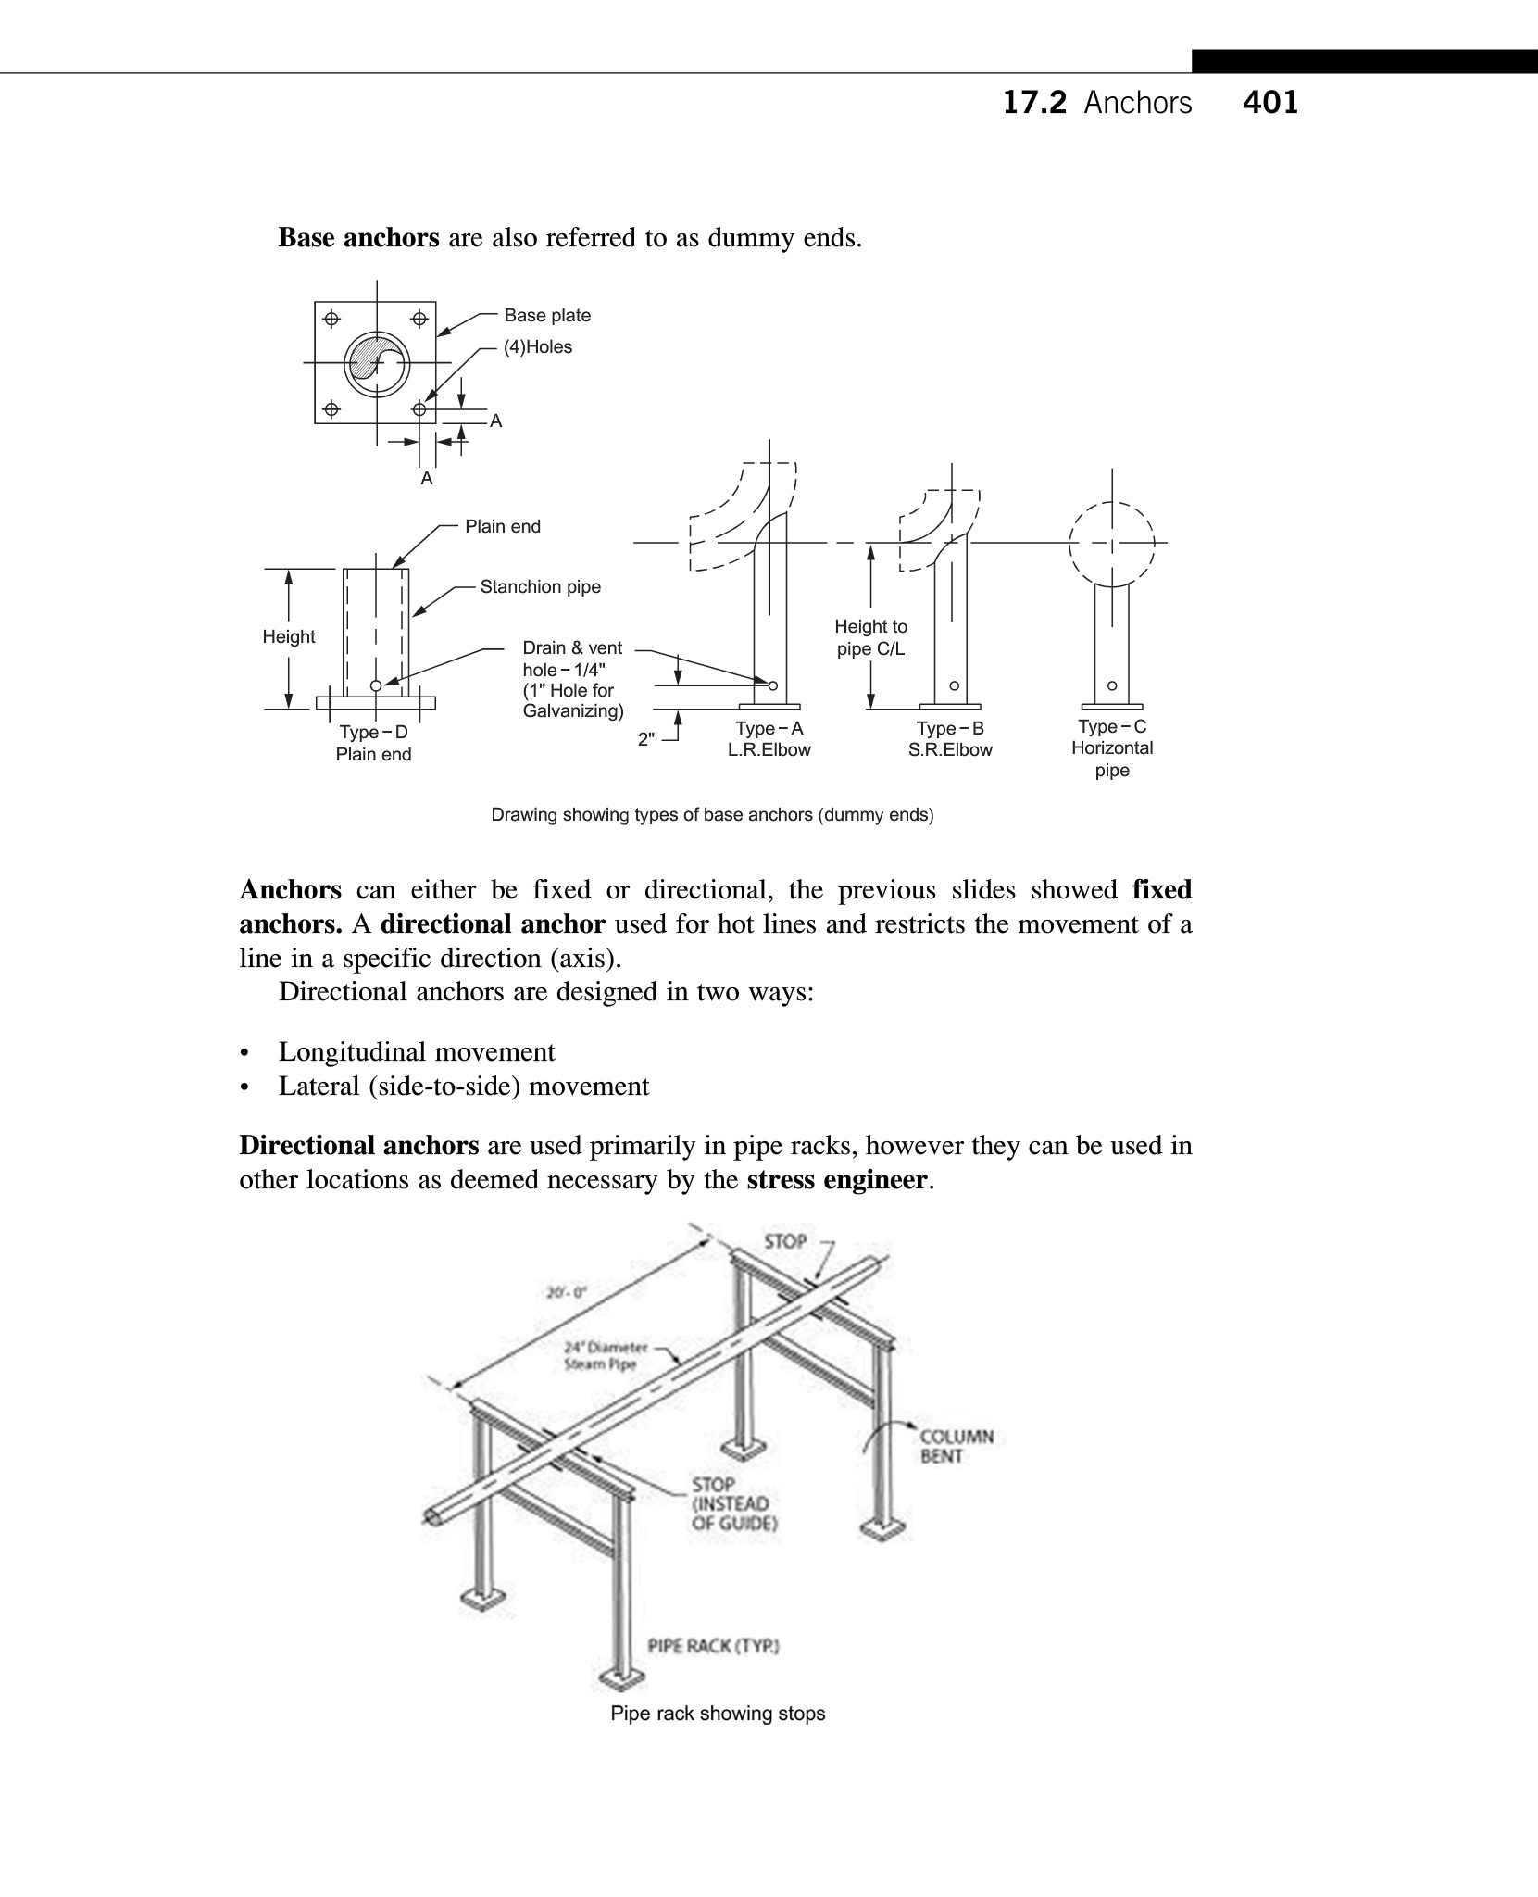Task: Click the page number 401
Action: pyautogui.click(x=1270, y=102)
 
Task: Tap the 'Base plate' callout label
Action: pyautogui.click(x=547, y=316)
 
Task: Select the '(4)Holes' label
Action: pyautogui.click(x=538, y=347)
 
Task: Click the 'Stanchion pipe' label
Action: pyautogui.click(x=540, y=587)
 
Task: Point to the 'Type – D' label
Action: pyautogui.click(x=373, y=733)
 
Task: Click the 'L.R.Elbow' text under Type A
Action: pyautogui.click(x=769, y=750)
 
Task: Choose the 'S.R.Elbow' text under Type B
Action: pyautogui.click(x=950, y=750)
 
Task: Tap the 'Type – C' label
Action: pyautogui.click(x=1112, y=727)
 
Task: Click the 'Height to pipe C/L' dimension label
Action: pyautogui.click(x=870, y=638)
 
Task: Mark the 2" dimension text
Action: pyautogui.click(x=646, y=740)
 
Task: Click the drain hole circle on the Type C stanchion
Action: pyautogui.click(x=1112, y=686)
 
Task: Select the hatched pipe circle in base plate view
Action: pyautogui.click(x=376, y=363)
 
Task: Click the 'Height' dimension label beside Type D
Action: pyautogui.click(x=289, y=637)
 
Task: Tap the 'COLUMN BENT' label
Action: pyautogui.click(x=957, y=1446)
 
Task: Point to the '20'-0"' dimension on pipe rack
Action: pyautogui.click(x=566, y=1292)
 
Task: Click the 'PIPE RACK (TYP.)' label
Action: pyautogui.click(x=713, y=1646)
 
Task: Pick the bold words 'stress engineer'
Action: pyautogui.click(x=836, y=1180)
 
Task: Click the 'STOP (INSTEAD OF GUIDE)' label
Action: pyautogui.click(x=733, y=1503)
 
